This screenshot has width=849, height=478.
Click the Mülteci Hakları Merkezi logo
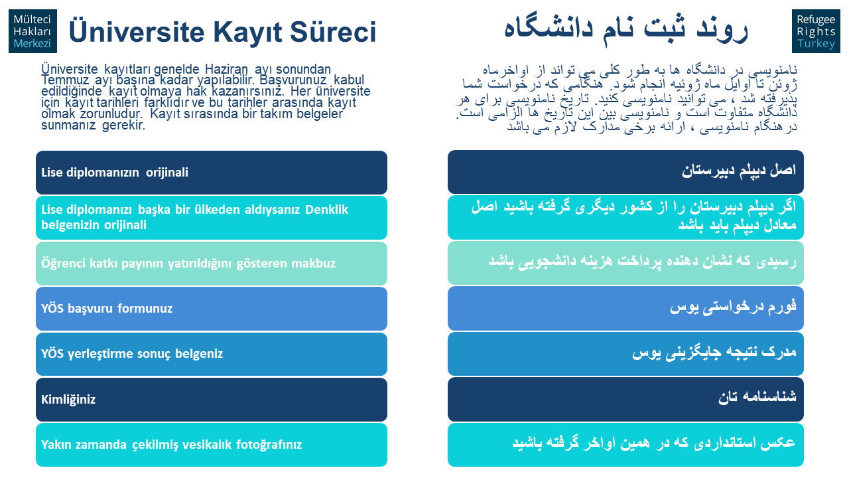tap(33, 31)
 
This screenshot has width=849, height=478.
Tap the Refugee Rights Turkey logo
tap(816, 31)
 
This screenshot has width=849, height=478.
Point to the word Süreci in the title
tap(333, 31)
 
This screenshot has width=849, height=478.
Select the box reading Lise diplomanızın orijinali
tap(212, 172)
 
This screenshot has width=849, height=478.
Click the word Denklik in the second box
tap(326, 209)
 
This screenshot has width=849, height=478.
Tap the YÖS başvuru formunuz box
tap(212, 309)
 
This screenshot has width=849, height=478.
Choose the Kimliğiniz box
tap(212, 399)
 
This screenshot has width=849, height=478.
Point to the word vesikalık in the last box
tap(208, 444)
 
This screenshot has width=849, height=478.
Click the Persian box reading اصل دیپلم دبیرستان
tap(625, 172)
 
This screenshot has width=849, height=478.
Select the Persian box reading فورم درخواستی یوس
tap(625, 308)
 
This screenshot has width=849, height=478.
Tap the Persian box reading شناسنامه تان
tap(625, 399)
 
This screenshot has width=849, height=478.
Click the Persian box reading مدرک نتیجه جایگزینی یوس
tap(625, 354)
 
